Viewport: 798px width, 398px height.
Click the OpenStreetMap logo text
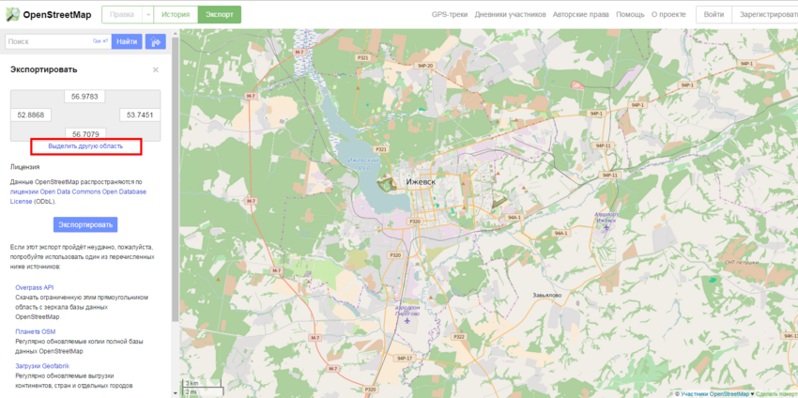click(57, 14)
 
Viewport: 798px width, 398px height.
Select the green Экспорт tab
click(220, 15)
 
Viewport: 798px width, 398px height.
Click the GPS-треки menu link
click(449, 15)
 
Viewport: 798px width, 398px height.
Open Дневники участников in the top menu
click(510, 15)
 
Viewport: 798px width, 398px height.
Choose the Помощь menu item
click(630, 15)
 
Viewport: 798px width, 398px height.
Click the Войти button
click(714, 15)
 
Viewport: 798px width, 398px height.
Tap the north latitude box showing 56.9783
click(85, 96)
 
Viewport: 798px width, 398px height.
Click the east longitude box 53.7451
click(140, 115)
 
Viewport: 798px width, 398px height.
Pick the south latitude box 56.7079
click(85, 133)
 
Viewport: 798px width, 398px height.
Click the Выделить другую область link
click(85, 146)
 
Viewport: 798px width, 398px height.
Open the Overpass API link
click(35, 287)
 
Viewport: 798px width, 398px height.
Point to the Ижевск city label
click(421, 181)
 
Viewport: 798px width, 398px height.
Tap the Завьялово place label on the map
click(546, 295)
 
